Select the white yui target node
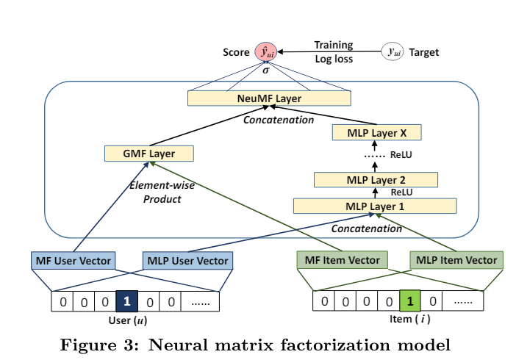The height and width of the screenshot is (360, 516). [392, 51]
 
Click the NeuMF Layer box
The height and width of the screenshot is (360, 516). [269, 97]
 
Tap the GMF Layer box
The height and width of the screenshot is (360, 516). [149, 153]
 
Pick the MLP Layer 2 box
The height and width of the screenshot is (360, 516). [375, 179]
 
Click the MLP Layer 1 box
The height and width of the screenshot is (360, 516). [375, 206]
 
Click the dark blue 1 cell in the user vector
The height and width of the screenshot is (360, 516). [127, 300]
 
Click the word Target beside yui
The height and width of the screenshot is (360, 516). [424, 52]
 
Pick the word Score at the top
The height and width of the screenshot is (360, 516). [237, 52]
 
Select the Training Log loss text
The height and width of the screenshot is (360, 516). [334, 51]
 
